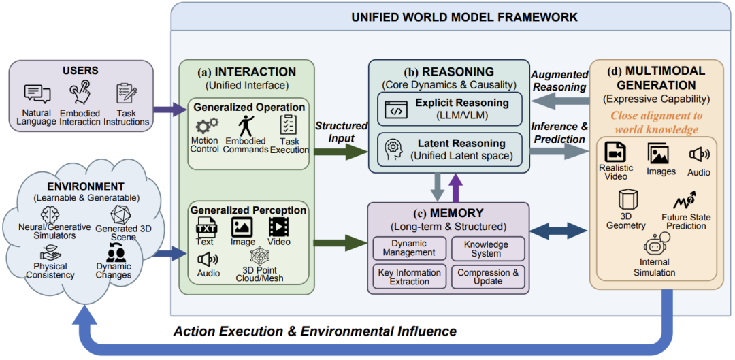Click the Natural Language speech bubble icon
pos(37,94)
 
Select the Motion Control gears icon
pos(206,126)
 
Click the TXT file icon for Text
pos(205,228)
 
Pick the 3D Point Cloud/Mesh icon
pos(260,257)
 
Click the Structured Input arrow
pos(341,151)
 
